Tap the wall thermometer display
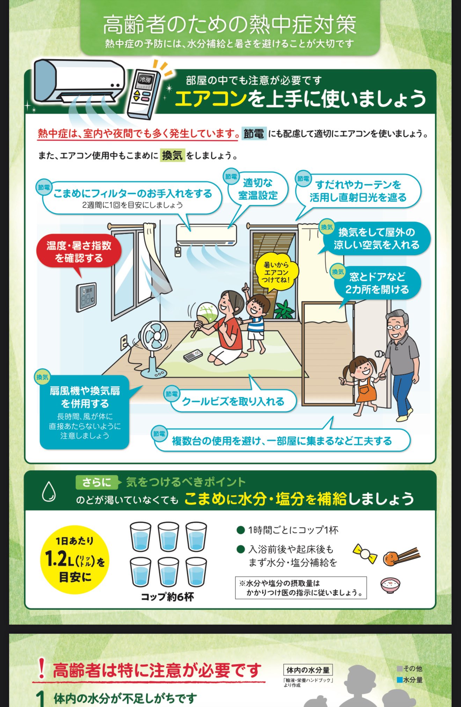[86, 297]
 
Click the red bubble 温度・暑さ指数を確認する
[79, 252]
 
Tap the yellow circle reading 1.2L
[75, 560]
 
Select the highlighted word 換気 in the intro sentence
[172, 155]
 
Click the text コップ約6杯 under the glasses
[167, 597]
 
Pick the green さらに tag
[96, 482]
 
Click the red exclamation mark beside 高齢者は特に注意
[42, 668]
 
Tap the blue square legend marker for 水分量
[400, 680]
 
